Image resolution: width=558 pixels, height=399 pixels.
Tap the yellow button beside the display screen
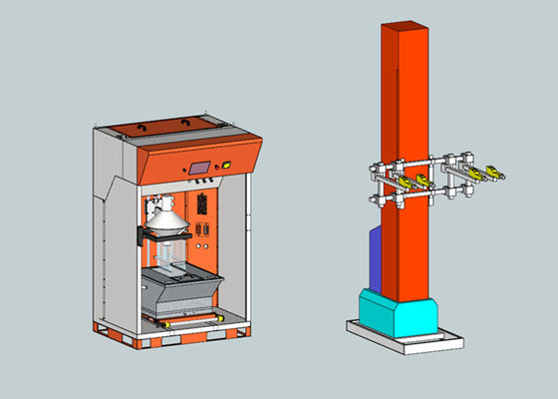tap(226, 166)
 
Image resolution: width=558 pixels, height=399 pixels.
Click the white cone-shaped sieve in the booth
tap(167, 218)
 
